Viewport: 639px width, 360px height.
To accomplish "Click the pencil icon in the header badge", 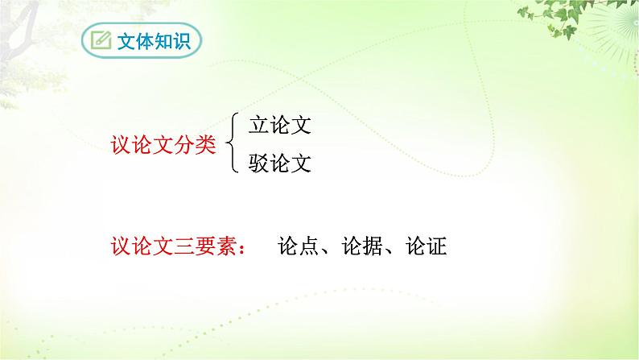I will pos(101,40).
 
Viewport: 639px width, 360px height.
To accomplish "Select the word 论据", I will pos(361,246).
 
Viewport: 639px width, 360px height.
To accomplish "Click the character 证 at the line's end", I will pos(436,246).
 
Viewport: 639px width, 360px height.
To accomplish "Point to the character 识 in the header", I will pos(181,40).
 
